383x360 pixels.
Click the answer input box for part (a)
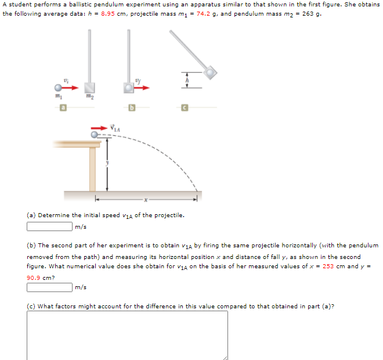point(49,226)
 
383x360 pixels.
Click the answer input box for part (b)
point(49,287)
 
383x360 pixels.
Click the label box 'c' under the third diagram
point(185,107)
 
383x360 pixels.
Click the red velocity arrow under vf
point(142,88)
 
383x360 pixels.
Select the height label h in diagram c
point(187,80)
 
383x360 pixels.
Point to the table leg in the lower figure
point(92,168)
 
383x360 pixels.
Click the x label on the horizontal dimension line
point(147,199)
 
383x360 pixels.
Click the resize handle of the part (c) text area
point(225,357)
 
